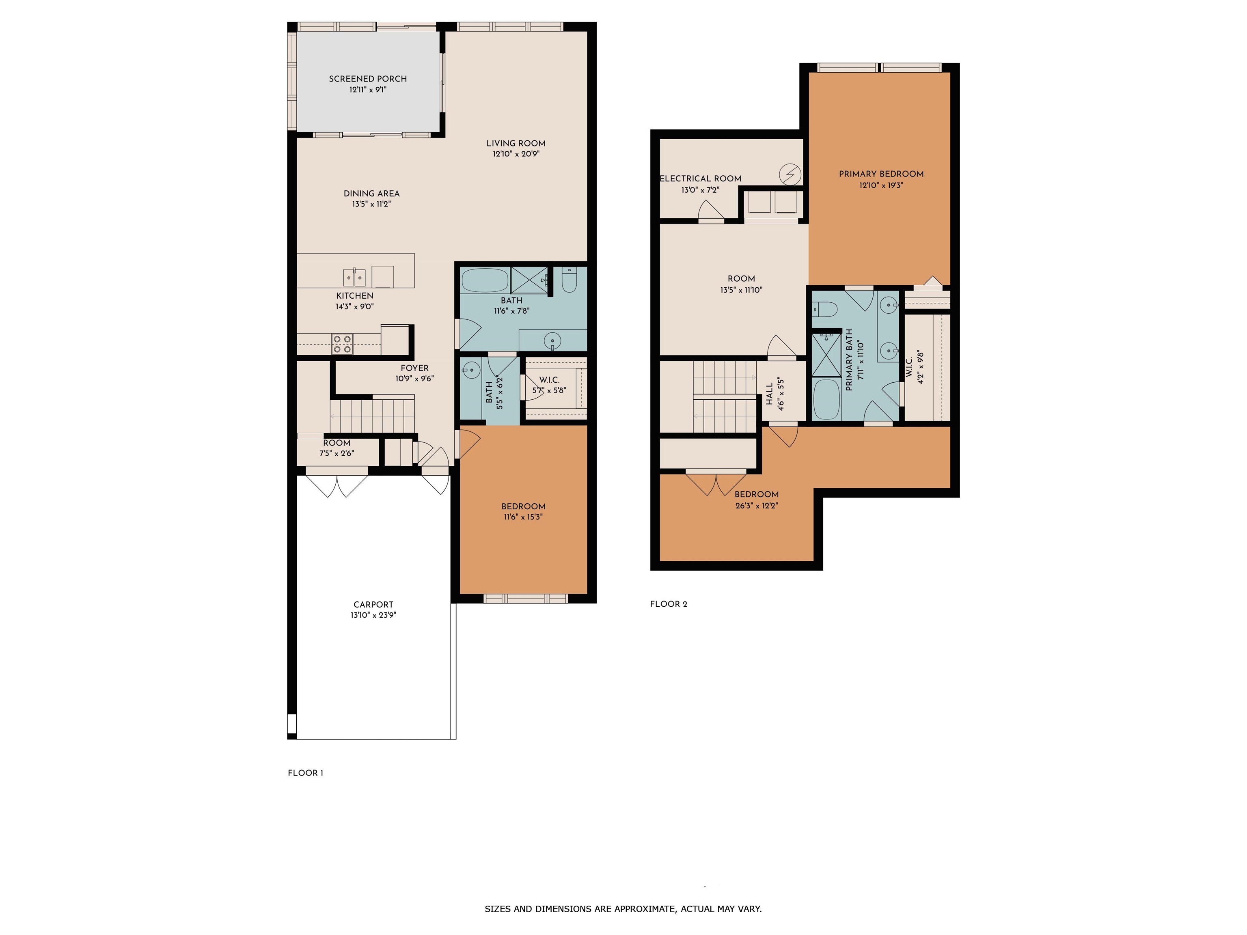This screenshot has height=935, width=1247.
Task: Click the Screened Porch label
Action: (367, 79)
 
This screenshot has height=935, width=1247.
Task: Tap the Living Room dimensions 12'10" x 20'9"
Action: (516, 154)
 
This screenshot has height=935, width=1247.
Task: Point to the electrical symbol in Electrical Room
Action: (790, 175)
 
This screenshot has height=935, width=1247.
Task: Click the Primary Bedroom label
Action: (881, 174)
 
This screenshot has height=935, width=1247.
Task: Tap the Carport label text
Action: (373, 605)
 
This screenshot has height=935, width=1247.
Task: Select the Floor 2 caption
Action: (669, 604)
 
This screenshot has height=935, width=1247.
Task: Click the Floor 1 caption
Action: (306, 773)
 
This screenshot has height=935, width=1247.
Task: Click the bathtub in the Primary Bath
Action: (826, 399)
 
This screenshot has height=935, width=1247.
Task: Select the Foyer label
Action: (414, 368)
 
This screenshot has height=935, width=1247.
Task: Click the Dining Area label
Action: (371, 193)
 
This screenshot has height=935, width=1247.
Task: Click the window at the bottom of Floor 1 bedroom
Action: (525, 599)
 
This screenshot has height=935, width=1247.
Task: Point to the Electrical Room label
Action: (700, 179)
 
